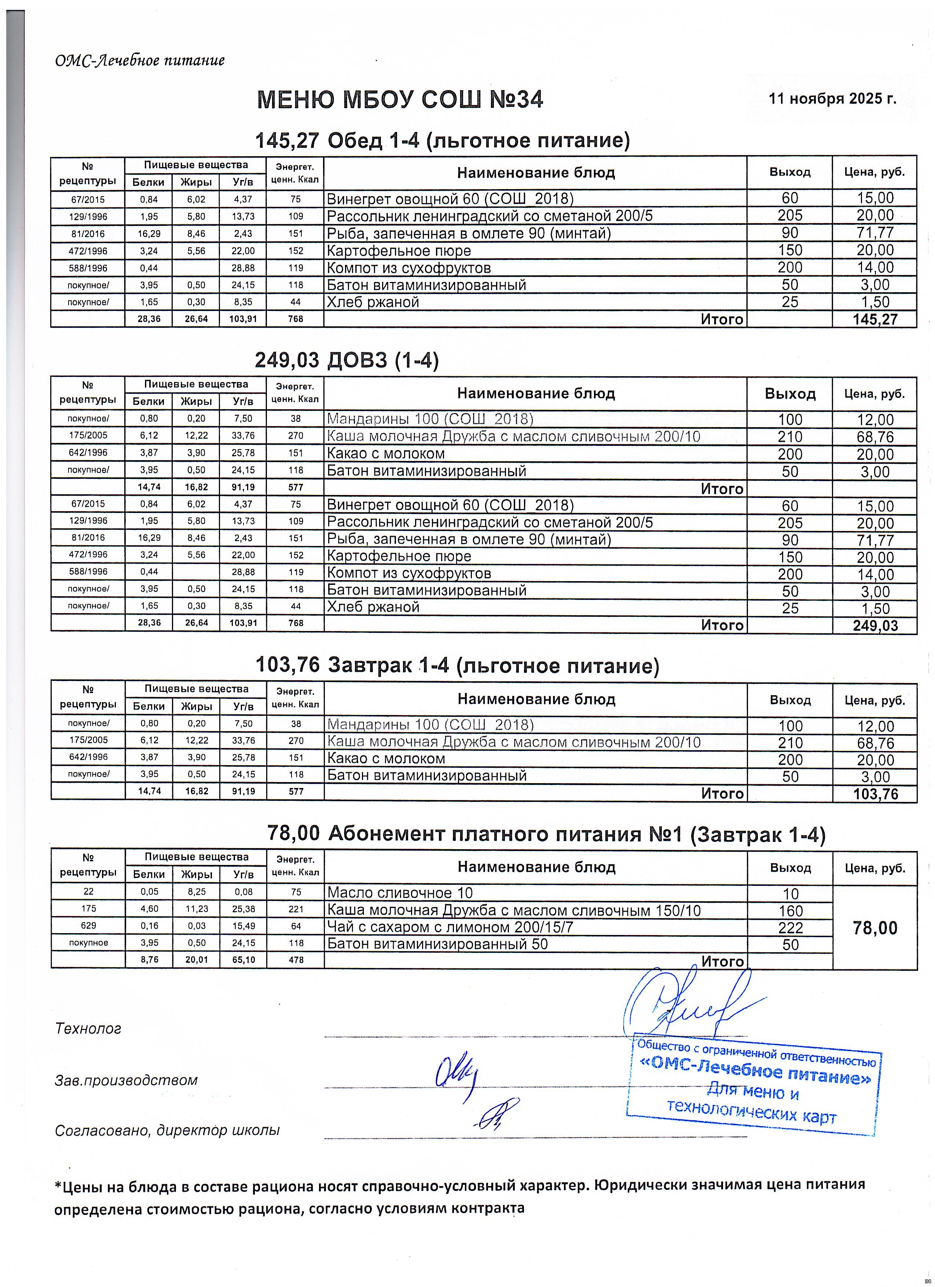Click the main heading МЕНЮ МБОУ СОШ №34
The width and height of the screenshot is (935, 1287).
click(400, 100)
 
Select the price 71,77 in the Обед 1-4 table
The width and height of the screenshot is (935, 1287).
click(875, 233)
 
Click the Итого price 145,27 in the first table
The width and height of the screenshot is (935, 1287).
click(875, 319)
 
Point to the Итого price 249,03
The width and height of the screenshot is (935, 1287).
click(875, 625)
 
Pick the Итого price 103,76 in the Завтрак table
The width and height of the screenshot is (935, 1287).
click(875, 793)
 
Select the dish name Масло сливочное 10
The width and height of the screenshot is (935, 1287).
click(400, 893)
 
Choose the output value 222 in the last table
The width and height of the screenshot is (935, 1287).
click(790, 928)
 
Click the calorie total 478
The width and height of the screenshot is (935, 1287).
click(296, 960)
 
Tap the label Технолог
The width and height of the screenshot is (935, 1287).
click(88, 1028)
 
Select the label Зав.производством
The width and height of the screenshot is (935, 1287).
click(126, 1080)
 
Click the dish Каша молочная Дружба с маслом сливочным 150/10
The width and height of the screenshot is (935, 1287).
click(513, 910)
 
